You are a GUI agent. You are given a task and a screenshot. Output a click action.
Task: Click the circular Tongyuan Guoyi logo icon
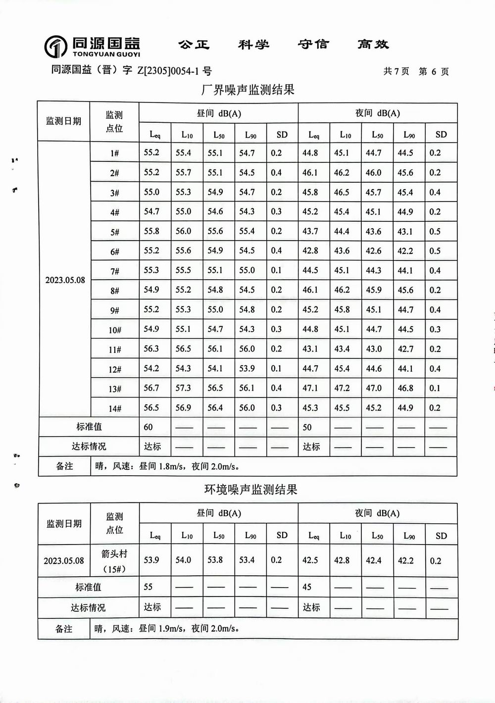(x=55, y=47)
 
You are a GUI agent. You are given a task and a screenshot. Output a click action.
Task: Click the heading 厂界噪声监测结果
(x=248, y=90)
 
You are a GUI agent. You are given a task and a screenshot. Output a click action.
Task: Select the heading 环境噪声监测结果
(x=251, y=490)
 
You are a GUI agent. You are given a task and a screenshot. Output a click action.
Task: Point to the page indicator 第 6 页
(x=434, y=71)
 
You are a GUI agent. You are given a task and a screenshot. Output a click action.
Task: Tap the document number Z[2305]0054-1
(x=168, y=71)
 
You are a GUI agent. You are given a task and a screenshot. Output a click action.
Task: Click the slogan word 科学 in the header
(x=253, y=45)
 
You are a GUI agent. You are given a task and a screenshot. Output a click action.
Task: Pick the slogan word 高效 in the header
(x=373, y=45)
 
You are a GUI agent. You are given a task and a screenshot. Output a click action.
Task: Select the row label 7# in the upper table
(x=115, y=271)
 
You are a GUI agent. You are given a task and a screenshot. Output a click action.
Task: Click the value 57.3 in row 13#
(x=183, y=388)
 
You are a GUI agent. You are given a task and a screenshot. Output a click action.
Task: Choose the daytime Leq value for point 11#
(x=151, y=349)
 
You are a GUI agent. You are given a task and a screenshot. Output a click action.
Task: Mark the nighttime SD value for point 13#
(x=435, y=388)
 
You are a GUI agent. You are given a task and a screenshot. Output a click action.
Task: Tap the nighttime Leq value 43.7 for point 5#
(x=310, y=231)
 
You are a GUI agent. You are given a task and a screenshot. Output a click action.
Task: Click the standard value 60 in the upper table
(x=148, y=427)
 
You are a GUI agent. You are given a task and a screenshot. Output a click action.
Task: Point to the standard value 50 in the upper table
(x=307, y=427)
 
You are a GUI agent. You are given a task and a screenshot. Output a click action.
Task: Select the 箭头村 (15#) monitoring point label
(x=114, y=561)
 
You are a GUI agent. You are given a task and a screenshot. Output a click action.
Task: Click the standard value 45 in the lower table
(x=307, y=587)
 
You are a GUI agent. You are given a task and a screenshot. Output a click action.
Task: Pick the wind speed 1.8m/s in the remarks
(x=171, y=466)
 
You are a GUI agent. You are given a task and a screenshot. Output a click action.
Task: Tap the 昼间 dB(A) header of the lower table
(x=219, y=513)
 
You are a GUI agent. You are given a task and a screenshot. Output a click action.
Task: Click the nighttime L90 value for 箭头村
(x=406, y=560)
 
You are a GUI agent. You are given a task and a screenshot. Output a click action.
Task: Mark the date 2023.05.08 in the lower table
(x=64, y=561)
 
